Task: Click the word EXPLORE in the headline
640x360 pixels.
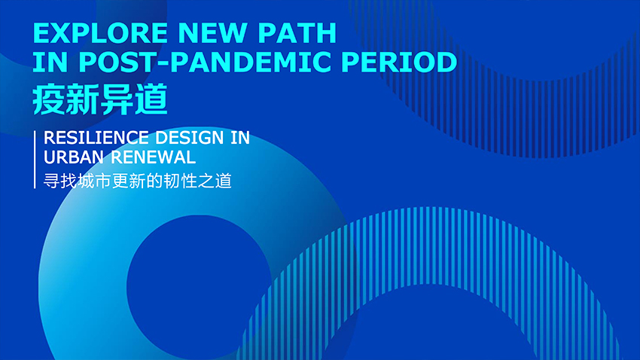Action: (x=100, y=33)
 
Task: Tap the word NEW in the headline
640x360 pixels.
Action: (x=212, y=33)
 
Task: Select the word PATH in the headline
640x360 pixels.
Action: (x=297, y=33)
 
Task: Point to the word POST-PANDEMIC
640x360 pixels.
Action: (x=204, y=62)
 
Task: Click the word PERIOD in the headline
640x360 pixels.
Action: (x=399, y=62)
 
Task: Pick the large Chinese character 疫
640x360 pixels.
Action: (x=49, y=99)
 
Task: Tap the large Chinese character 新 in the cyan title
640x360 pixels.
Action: (x=83, y=99)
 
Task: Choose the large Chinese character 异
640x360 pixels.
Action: (x=117, y=99)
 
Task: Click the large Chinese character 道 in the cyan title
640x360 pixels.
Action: (x=151, y=99)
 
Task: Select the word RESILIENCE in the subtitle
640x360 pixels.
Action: (x=96, y=138)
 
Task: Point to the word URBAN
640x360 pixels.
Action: (x=74, y=157)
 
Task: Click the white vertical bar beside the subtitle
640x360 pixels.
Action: (x=35, y=160)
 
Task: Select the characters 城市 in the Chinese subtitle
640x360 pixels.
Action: (x=94, y=181)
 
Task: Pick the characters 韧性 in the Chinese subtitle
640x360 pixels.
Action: (x=181, y=181)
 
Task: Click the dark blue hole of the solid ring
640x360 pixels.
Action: (x=199, y=285)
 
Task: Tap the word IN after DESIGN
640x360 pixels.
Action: (x=240, y=138)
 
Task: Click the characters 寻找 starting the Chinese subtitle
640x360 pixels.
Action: (x=60, y=181)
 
